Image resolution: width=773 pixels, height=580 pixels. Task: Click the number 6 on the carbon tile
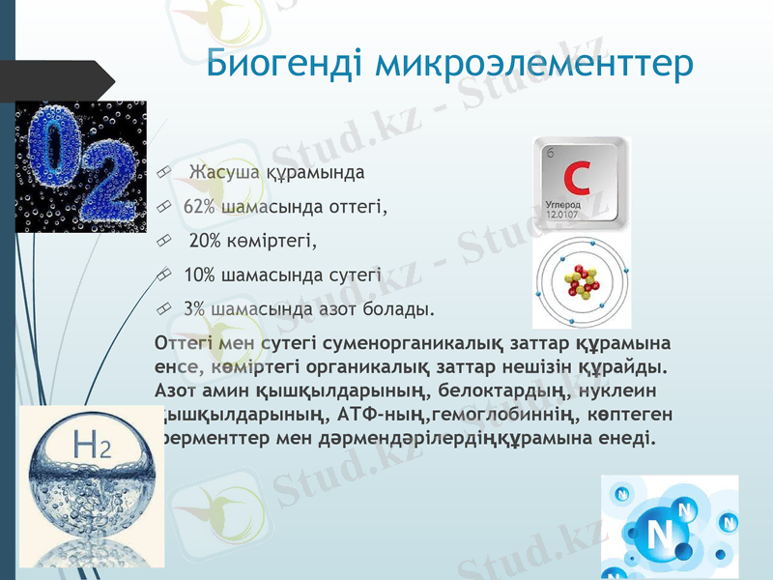(x=551, y=154)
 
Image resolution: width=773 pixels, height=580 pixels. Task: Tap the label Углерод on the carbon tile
(x=562, y=205)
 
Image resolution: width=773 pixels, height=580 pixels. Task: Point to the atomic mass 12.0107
(x=562, y=215)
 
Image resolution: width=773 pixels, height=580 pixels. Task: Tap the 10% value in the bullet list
(x=199, y=275)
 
